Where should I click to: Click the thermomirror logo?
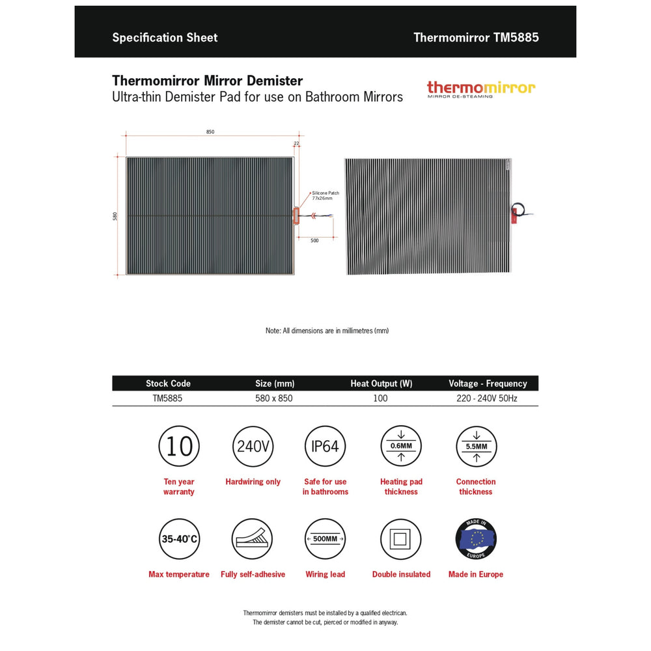481,89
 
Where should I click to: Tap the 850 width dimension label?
210,132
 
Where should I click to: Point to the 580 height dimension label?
115,215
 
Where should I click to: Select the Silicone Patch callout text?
325,195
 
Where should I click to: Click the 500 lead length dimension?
314,241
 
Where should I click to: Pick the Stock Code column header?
168,383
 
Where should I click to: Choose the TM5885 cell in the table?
167,398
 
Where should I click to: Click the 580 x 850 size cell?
274,398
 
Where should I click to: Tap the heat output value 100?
381,398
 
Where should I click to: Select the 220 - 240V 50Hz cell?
487,398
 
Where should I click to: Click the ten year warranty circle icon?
179,447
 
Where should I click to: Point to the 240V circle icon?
253,447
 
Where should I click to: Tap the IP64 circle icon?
325,447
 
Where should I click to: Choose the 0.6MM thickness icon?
401,447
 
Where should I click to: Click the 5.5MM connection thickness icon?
476,447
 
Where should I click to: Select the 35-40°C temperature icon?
179,539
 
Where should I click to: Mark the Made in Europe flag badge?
476,539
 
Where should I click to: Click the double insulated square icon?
401,539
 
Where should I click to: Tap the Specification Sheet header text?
165,37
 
